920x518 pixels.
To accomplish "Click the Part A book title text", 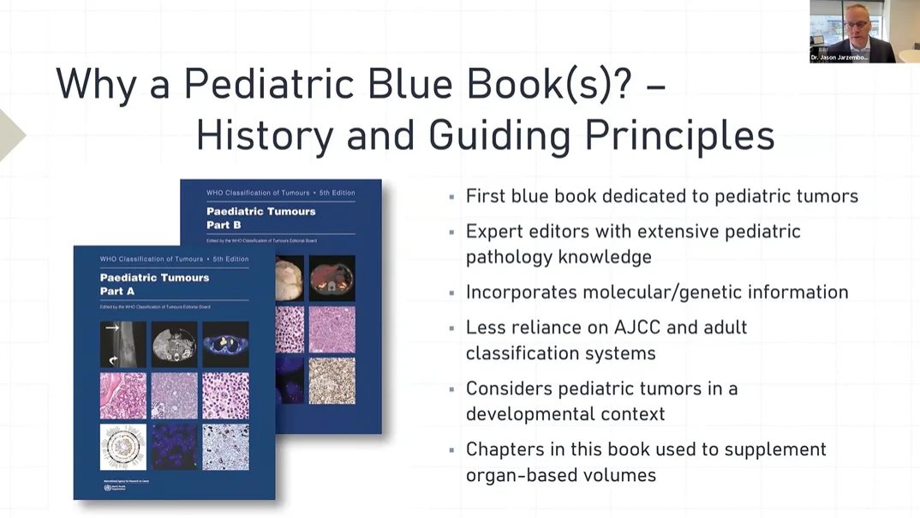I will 154,284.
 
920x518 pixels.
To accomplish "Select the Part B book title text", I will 260,218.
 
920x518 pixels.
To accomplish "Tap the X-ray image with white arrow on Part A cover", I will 122,344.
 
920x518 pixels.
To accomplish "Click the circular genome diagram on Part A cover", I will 122,447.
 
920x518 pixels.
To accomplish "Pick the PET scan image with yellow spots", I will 225,344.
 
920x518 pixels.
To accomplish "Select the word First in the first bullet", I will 484,196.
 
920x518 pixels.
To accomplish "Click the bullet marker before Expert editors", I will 452,232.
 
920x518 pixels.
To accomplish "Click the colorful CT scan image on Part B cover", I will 332,277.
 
